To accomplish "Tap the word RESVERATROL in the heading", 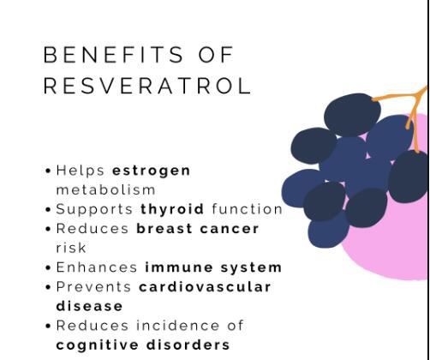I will (146, 87).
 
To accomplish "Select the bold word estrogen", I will (152, 170).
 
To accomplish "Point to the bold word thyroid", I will (172, 209).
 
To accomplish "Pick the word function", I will (247, 209).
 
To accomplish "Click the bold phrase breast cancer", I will (197, 229).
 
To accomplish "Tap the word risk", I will (71, 248).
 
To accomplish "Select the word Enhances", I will (97, 267).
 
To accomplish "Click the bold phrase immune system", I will (213, 267).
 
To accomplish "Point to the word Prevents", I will (93, 286).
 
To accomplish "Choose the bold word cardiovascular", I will (205, 286).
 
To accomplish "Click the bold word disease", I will (89, 306).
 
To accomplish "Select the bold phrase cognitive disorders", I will (143, 345).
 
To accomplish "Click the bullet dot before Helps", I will (48, 171).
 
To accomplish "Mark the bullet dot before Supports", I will (48, 210).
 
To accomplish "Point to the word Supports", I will (94, 209).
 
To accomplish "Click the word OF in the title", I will (214, 56).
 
